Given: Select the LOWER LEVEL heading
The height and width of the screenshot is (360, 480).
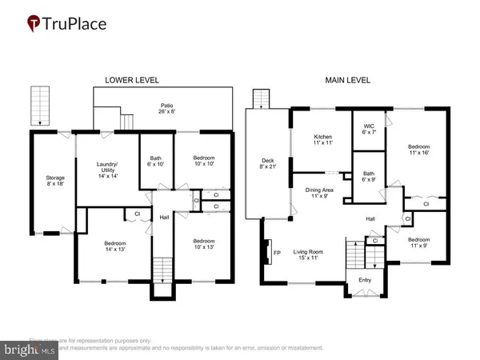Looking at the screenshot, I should coord(132,80).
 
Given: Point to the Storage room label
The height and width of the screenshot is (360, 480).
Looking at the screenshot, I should coord(55,181).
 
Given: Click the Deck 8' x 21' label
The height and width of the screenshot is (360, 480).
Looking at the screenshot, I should coord(268,165).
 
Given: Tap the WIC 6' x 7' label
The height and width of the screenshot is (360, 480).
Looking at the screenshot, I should coord(368,129).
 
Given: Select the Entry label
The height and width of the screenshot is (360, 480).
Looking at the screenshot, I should coord(365,280).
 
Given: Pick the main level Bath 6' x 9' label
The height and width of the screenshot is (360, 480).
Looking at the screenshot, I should coord(368,177).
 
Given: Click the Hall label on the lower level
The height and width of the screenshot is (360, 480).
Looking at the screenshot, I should coord(164,216).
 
